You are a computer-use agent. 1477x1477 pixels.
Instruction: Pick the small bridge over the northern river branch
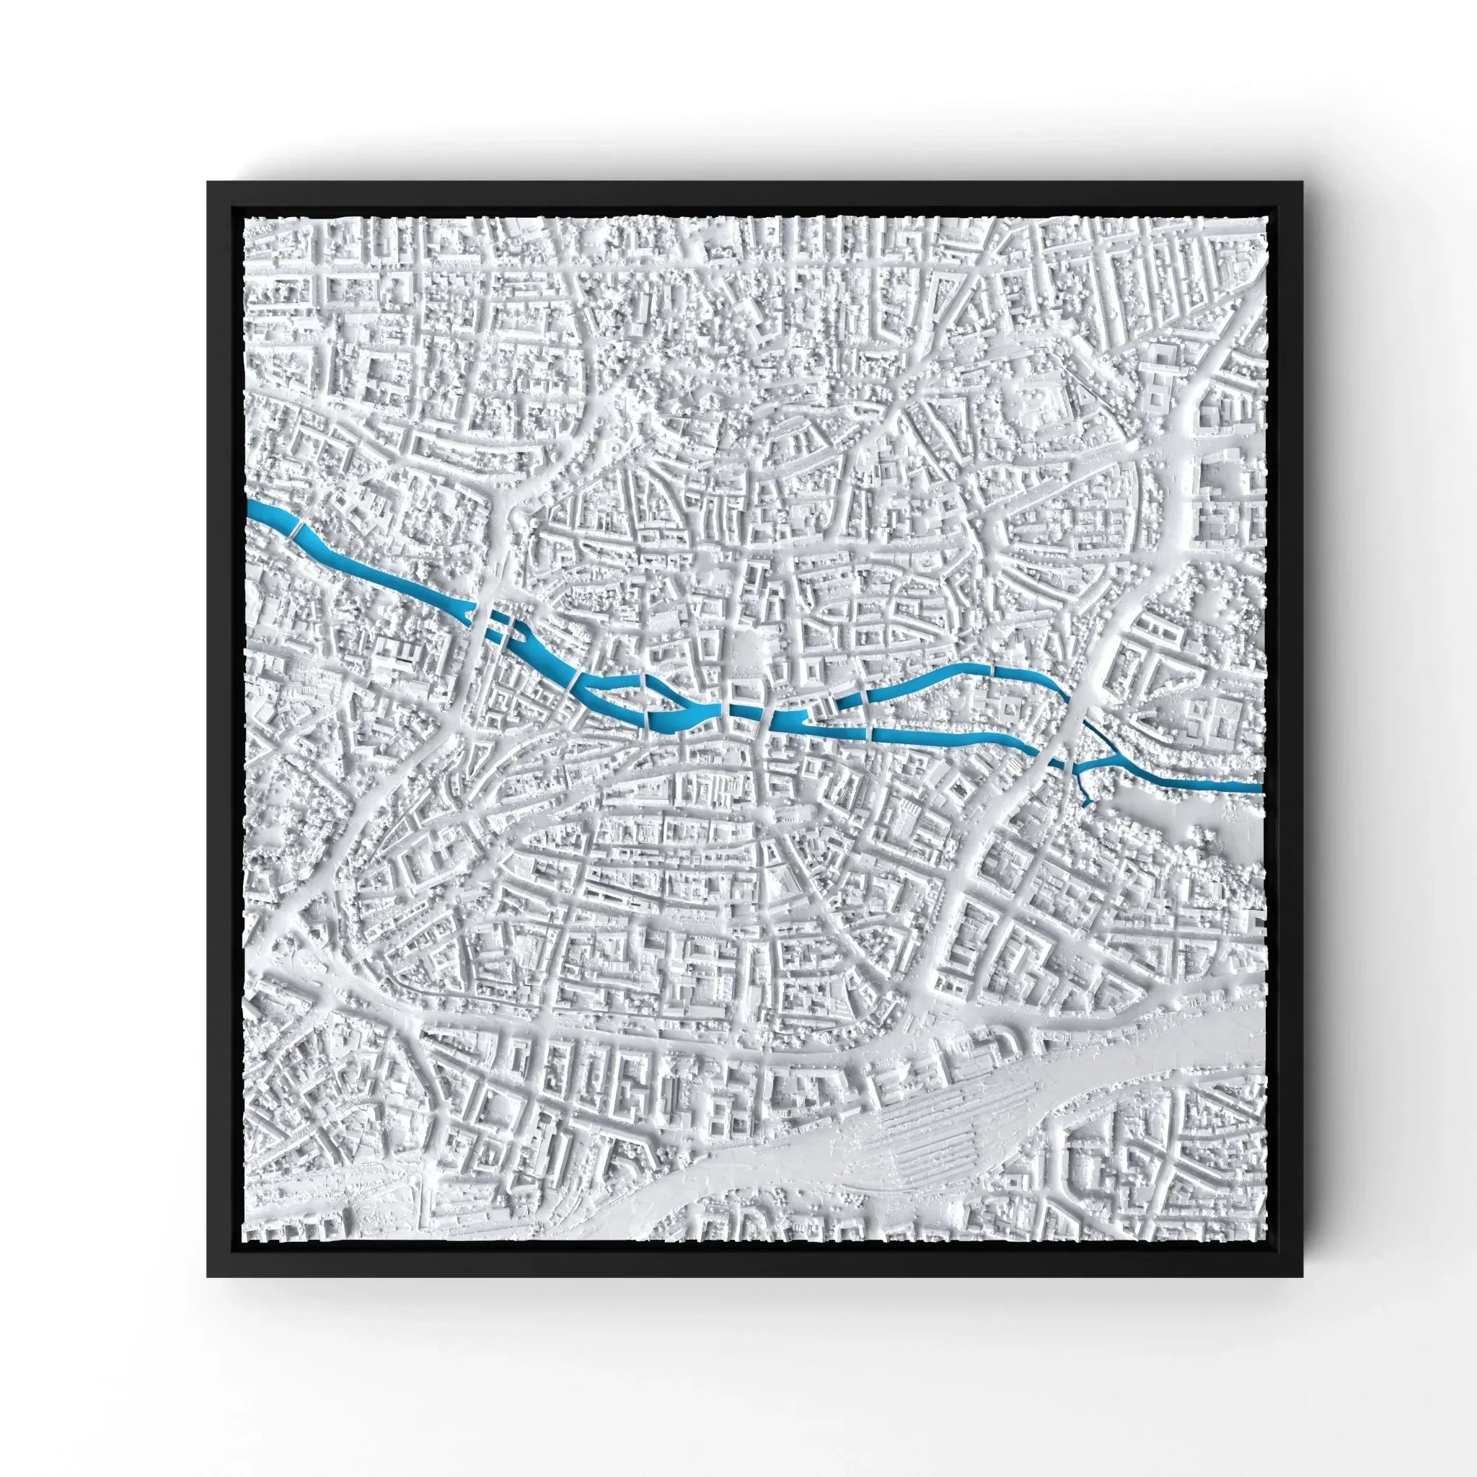[994, 669]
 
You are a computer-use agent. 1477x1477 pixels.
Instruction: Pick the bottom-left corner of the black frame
[208, 1276]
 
